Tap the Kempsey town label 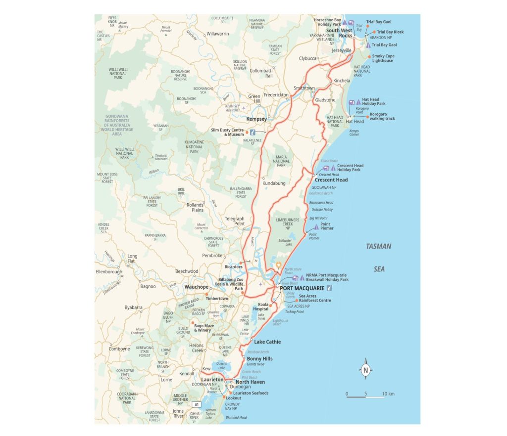click(x=256, y=119)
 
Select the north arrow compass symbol click(x=365, y=369)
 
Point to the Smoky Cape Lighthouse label click(x=383, y=58)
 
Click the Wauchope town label click(x=196, y=287)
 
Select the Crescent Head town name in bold click(x=331, y=180)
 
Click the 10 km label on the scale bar click(x=388, y=394)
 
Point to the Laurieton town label click(x=212, y=380)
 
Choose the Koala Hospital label click(x=263, y=307)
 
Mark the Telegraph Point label click(x=235, y=221)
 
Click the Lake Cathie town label click(x=267, y=342)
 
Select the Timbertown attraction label click(x=217, y=299)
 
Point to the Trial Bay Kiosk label click(x=391, y=32)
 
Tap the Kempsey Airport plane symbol click(x=244, y=107)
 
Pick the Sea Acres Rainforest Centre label click(x=315, y=298)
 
